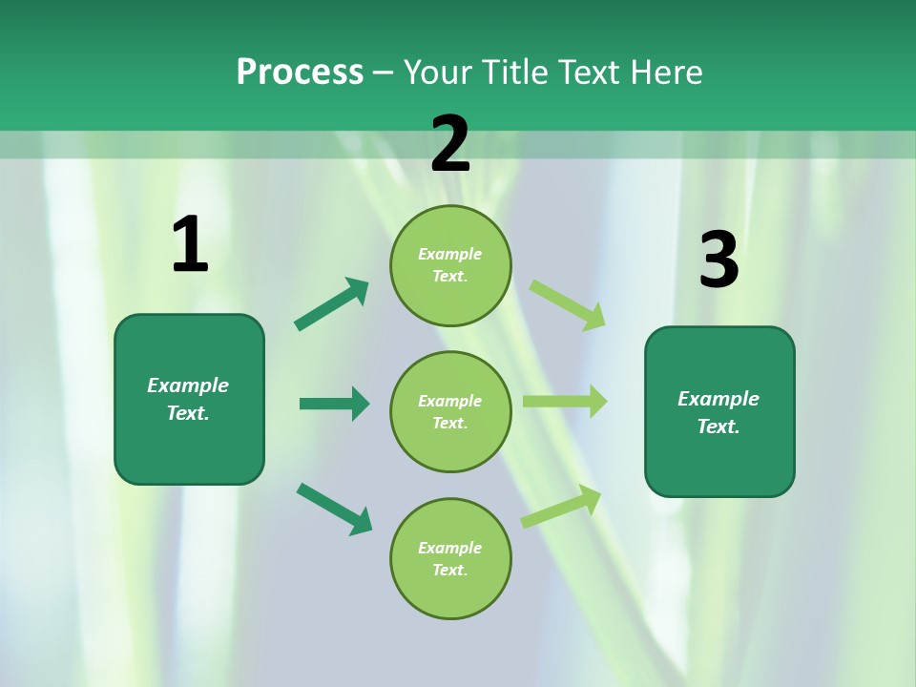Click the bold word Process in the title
point(300,72)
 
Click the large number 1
point(190,244)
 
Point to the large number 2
point(450,144)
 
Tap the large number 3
point(718,260)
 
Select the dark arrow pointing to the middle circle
point(334,404)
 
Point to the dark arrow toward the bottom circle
point(335,509)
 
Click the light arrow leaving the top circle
point(568,304)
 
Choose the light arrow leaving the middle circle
point(565,402)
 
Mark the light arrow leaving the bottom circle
point(561,506)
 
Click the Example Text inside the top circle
point(450,265)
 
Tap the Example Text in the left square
point(188,399)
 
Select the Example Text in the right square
point(718,412)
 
